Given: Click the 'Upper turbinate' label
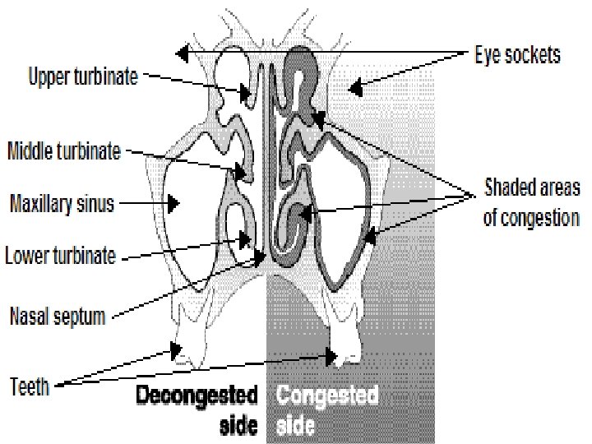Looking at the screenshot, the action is (82, 78).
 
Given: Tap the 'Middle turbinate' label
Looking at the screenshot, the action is (64, 151).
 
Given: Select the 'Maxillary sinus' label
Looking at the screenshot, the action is (61, 201).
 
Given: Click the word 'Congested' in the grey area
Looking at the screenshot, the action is (327, 396).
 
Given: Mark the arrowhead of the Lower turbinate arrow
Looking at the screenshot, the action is (247, 241).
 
